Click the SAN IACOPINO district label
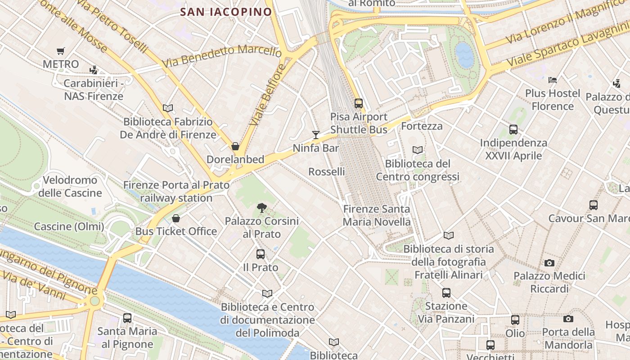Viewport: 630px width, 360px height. point(226,12)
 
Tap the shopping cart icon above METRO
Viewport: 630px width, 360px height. point(60,51)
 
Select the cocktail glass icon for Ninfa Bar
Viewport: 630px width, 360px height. point(316,135)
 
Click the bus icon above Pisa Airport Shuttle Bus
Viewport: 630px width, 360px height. point(359,103)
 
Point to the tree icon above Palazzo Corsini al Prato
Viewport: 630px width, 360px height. point(261,207)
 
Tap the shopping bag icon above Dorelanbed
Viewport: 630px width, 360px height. point(235,146)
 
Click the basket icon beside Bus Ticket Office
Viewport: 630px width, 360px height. point(176,218)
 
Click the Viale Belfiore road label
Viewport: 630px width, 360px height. point(268,95)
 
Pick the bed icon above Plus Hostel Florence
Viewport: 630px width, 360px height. point(553,80)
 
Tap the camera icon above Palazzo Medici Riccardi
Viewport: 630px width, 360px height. point(549,263)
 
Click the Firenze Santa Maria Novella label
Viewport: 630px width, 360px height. point(377,216)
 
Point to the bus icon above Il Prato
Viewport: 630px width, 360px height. point(261,254)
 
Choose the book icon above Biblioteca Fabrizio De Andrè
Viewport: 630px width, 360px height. point(168,108)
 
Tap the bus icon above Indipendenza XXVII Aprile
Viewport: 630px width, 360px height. point(513,130)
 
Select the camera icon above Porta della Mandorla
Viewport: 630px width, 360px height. point(568,319)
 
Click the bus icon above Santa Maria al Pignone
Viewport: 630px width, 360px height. point(127,318)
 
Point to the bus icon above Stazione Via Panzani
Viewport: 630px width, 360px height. point(446,293)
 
